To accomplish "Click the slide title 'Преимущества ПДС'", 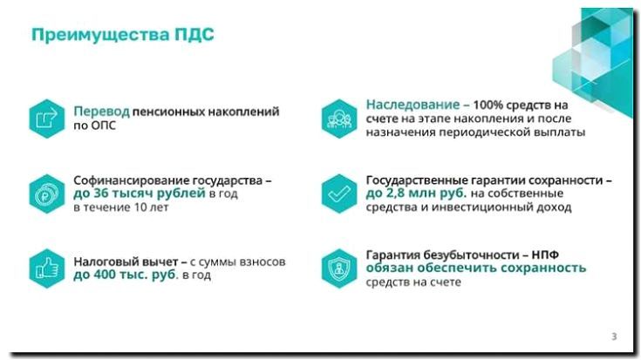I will [x=122, y=35].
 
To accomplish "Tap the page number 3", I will [x=614, y=337].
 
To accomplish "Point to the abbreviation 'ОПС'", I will [x=102, y=126].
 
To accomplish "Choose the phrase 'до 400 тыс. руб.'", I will [x=125, y=275].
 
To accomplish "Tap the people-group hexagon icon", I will [x=336, y=118].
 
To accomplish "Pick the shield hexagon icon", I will [x=336, y=268].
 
